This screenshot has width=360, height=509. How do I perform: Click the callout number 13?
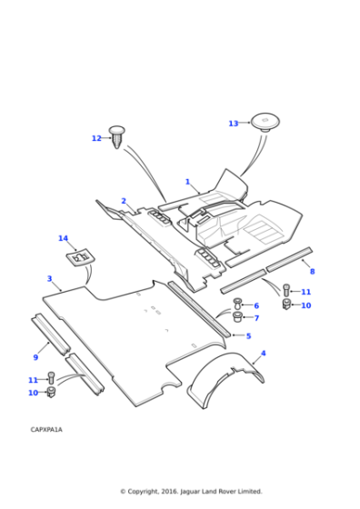click(x=234, y=124)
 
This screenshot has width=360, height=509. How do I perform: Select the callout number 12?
click(x=96, y=138)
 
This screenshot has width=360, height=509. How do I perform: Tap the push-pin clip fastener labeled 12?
click(x=117, y=137)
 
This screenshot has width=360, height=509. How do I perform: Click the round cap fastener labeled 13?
click(x=265, y=123)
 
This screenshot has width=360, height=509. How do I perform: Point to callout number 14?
click(x=63, y=238)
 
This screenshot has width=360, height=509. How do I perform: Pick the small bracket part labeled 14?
click(x=78, y=256)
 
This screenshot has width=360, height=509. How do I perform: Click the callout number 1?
click(x=187, y=182)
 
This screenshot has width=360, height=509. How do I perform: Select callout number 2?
click(x=124, y=201)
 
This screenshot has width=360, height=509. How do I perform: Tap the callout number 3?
click(x=49, y=278)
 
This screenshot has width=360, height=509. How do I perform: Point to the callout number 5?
click(x=249, y=335)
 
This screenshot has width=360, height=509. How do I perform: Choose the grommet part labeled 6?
click(x=237, y=304)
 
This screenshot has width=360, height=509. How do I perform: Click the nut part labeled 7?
click(x=237, y=317)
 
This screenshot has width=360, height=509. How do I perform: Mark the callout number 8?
click(x=313, y=272)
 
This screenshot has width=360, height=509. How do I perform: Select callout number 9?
click(x=35, y=357)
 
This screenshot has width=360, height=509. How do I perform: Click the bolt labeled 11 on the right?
click(x=286, y=290)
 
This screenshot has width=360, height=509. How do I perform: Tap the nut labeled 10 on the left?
click(x=51, y=392)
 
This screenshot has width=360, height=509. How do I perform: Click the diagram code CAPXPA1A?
click(x=46, y=429)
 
